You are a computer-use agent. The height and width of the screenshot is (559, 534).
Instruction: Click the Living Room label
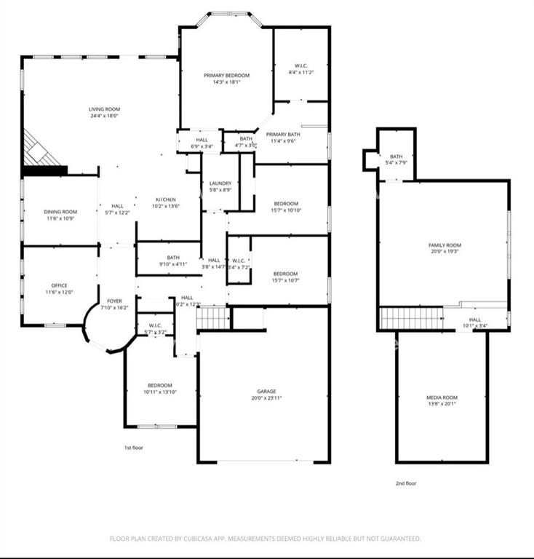tap(105, 109)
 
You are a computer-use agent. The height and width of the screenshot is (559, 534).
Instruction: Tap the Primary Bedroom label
tap(226, 76)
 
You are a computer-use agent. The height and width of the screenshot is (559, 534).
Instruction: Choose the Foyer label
tap(115, 300)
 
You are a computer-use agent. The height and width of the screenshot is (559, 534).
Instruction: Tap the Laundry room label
tap(220, 183)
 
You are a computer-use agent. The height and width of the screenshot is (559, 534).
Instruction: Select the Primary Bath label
tap(283, 135)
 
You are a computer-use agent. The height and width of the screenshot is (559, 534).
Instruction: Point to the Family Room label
tap(445, 245)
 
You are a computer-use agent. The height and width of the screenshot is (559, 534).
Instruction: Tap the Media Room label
tap(442, 397)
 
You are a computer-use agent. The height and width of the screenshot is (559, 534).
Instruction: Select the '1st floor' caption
tap(133, 448)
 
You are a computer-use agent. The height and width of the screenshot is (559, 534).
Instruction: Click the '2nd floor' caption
tap(407, 483)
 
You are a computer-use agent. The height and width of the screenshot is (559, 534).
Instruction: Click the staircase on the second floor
tap(412, 318)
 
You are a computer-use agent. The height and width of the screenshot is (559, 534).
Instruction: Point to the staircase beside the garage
tap(214, 317)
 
